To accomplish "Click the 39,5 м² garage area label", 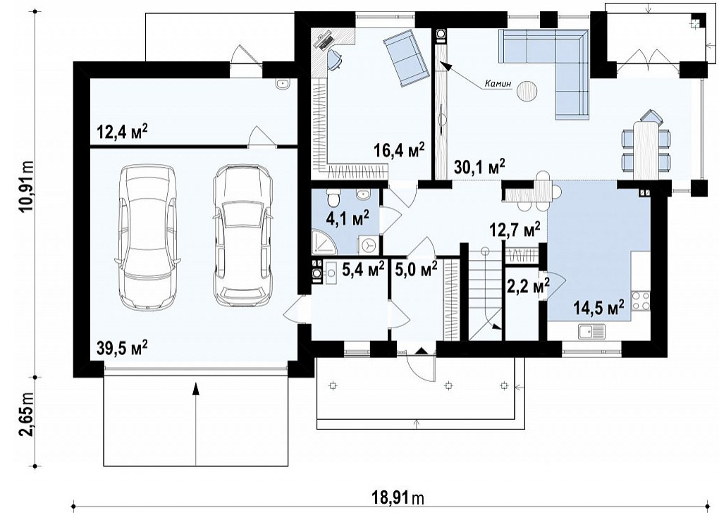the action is tap(122, 347).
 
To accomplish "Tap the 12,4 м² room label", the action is tap(122, 132).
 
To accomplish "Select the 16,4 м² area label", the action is tap(399, 150).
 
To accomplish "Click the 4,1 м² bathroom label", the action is tap(348, 218).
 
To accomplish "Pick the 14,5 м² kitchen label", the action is tap(599, 307).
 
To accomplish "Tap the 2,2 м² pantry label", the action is tap(528, 287).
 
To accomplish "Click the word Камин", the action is tap(498, 85).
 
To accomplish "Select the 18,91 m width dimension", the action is tap(398, 498).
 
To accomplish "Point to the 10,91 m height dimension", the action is tap(27, 185).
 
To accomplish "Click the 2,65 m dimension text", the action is tap(27, 421).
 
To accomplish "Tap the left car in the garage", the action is tap(147, 237).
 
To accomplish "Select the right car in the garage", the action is tap(243, 235).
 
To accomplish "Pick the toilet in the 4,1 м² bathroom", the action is tap(333, 197).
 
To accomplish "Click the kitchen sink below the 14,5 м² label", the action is tap(591, 331).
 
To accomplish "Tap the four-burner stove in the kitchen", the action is tap(641, 301).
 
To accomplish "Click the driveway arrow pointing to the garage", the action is tap(196, 424).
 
